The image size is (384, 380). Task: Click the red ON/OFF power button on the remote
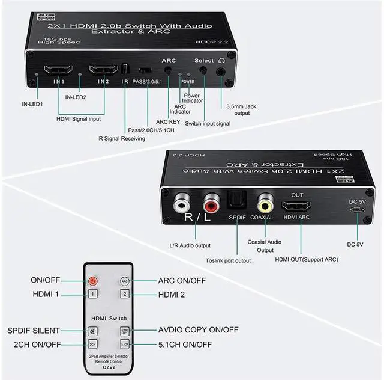pyautogui.click(x=92, y=281)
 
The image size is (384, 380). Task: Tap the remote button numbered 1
pyautogui.click(x=92, y=294)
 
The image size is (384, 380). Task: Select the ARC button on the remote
pyautogui.click(x=125, y=281)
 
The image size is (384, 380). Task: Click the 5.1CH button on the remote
pyautogui.click(x=125, y=344)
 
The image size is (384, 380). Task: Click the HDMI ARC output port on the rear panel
pyautogui.click(x=301, y=206)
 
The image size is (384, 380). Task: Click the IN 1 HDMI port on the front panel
pyautogui.click(x=58, y=70)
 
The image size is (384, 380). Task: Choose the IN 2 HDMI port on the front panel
pyautogui.click(x=101, y=71)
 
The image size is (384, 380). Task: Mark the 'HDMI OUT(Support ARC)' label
pyautogui.click(x=306, y=260)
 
